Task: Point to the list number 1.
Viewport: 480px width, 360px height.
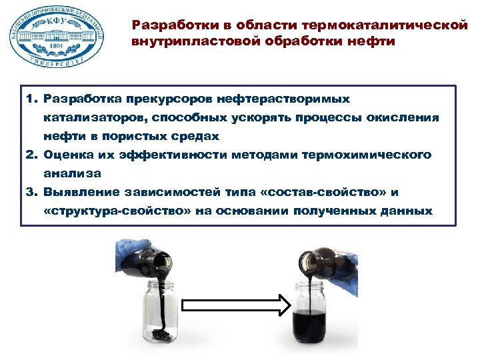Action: click(x=31, y=99)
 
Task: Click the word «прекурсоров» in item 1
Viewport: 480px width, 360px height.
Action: click(x=166, y=99)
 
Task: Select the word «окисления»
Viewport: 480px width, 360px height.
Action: click(x=404, y=117)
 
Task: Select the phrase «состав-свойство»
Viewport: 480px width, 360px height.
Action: click(x=323, y=192)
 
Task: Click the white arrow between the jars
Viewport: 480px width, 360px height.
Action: click(x=236, y=306)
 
